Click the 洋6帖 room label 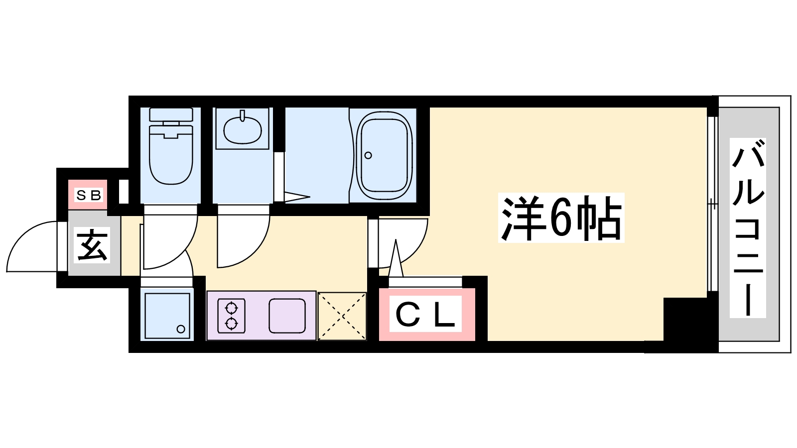click(561, 218)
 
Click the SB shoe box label click(89, 195)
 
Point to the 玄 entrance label click(93, 245)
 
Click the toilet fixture click(171, 154)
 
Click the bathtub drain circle click(368, 155)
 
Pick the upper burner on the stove click(231, 307)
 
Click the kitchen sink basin click(287, 316)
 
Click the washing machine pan click(167, 316)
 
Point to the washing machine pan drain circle click(181, 329)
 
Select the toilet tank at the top click(171, 114)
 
